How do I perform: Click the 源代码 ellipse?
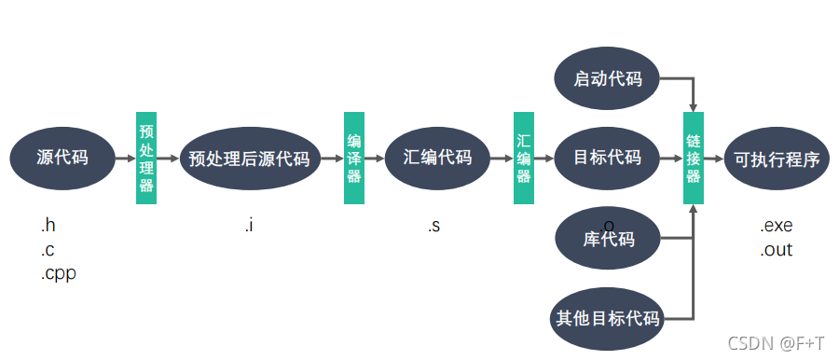62,159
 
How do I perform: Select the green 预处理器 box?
146,159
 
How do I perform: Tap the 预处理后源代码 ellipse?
249,159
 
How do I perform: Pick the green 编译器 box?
354,159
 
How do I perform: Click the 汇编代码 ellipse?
438,159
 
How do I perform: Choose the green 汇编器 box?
524,159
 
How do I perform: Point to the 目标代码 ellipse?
608,159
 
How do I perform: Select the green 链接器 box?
693,159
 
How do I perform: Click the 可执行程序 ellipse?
777,159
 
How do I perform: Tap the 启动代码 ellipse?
608,79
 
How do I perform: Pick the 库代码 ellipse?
608,240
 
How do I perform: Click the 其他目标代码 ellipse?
608,319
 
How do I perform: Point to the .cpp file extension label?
57,274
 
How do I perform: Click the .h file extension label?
48,226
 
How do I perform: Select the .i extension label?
249,226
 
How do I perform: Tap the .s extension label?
433,226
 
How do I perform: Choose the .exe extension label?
776,226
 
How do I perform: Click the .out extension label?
776,250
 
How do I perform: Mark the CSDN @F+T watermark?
776,342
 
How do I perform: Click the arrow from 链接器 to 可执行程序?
713,159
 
